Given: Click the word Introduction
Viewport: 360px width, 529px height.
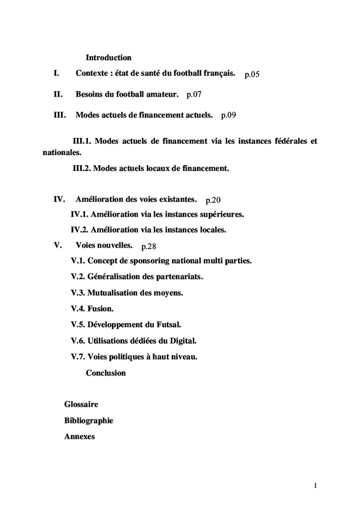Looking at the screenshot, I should (x=109, y=58).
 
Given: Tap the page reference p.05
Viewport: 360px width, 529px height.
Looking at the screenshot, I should (x=252, y=75).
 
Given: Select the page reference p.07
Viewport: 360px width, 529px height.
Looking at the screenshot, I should (x=194, y=95).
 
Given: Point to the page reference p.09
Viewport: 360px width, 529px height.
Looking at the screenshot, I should (x=228, y=115).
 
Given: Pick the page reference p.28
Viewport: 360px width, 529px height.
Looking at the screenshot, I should (x=149, y=246).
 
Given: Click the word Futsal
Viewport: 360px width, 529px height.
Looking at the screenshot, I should (x=169, y=325).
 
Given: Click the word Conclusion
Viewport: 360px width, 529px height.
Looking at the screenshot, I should (x=105, y=373).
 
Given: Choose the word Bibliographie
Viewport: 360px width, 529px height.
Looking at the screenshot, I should (x=88, y=420).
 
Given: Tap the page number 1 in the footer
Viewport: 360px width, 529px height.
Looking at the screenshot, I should (x=315, y=485).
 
